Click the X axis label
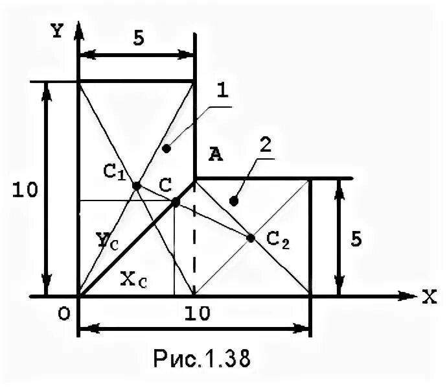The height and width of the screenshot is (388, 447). pos(429,298)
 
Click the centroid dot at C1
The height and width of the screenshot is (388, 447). pos(136,186)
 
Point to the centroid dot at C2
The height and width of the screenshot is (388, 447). pos(251,238)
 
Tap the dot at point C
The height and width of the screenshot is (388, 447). pos(176,202)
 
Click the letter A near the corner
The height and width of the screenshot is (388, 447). pos(215,154)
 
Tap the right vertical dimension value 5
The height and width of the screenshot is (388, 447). pos(356,239)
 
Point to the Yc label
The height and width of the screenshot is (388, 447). pos(108,241)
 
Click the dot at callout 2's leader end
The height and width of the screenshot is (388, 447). pos(234,202)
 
